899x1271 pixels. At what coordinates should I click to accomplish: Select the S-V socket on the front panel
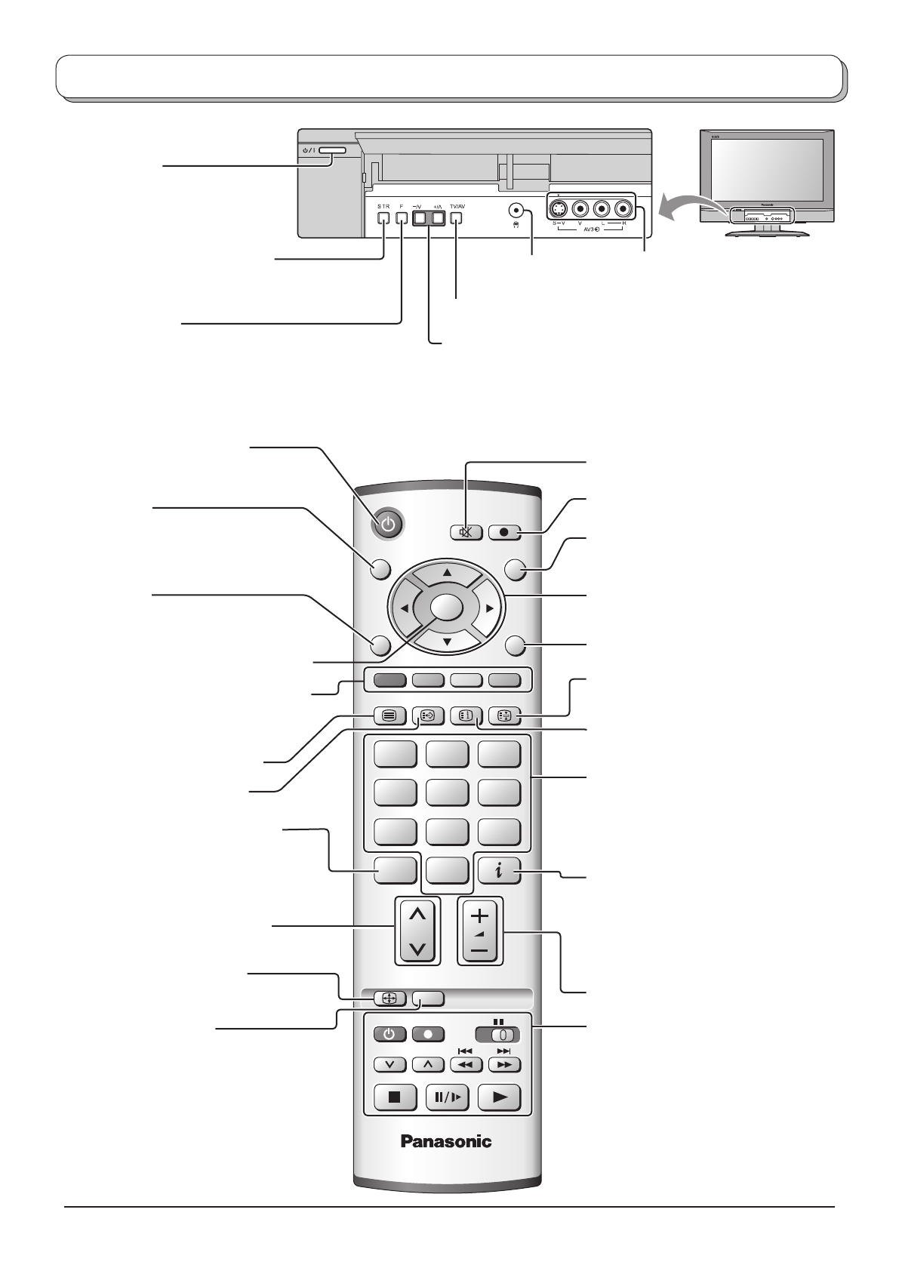(558, 208)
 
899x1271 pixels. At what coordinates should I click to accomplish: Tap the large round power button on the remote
(387, 525)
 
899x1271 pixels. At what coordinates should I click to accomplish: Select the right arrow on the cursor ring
(489, 608)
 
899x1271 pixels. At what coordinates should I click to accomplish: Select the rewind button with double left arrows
(466, 1064)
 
